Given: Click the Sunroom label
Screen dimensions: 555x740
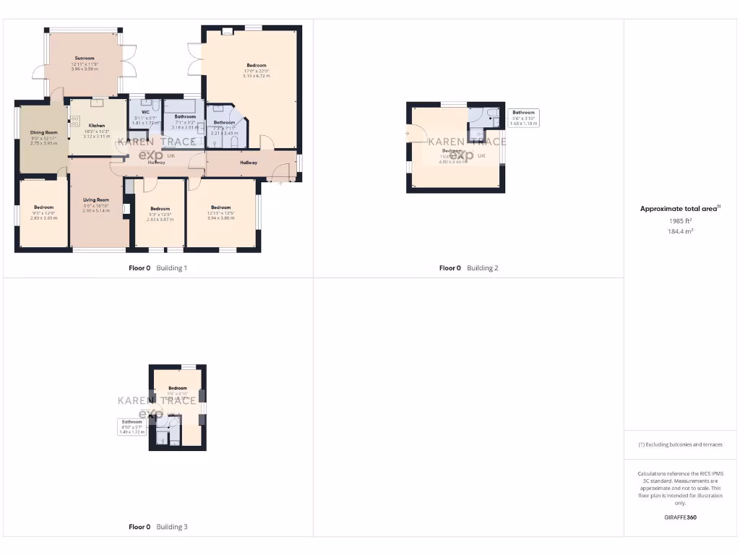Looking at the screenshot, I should [85, 58].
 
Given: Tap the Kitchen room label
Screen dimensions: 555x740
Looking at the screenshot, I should [96, 125].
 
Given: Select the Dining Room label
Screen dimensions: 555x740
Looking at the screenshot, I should [43, 132].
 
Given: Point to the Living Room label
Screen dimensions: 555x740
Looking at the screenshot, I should [96, 199].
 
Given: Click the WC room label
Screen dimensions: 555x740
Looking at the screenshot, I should [145, 112].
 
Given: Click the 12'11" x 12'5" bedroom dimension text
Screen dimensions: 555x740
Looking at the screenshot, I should [220, 212].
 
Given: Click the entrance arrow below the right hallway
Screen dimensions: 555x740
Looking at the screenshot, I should [281, 183].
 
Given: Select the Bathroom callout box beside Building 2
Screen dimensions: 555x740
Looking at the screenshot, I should [523, 118].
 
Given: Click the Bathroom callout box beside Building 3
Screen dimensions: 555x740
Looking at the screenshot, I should [132, 426].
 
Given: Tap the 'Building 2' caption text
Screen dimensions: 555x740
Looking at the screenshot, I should [483, 268].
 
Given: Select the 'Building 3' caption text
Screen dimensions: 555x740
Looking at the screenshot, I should [172, 527].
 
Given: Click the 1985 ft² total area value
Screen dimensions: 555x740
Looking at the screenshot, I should [680, 220].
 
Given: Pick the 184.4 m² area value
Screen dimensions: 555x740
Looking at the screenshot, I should [680, 231].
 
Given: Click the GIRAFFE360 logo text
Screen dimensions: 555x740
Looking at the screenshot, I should [680, 517].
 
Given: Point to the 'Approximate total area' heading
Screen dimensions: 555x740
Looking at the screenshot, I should [679, 209].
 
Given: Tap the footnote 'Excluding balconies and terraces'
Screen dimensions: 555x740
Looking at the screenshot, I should [682, 444].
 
